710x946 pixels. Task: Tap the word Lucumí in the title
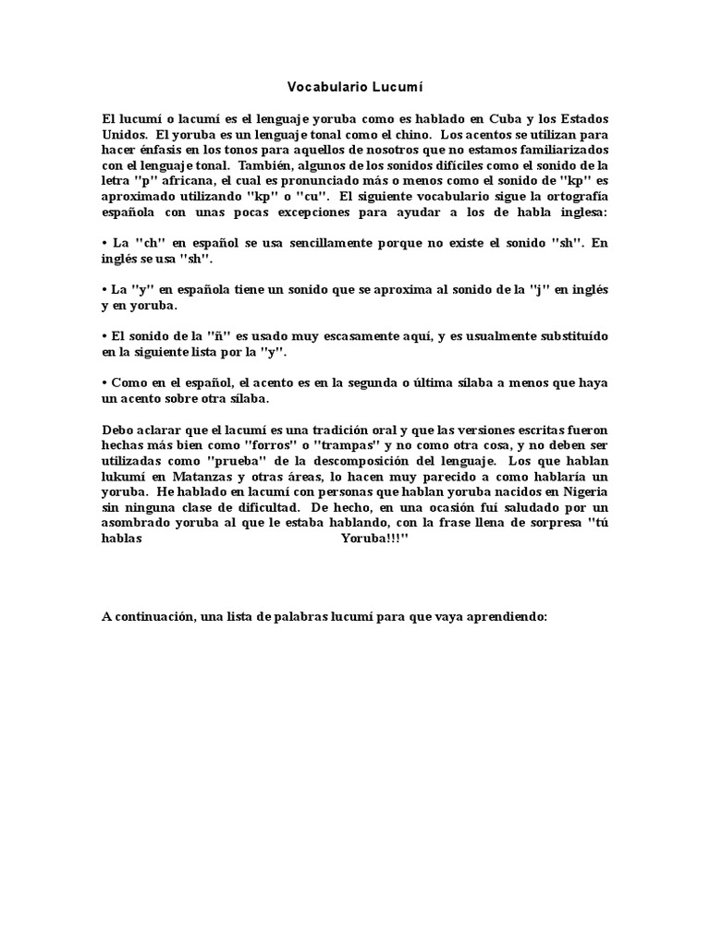(398, 88)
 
